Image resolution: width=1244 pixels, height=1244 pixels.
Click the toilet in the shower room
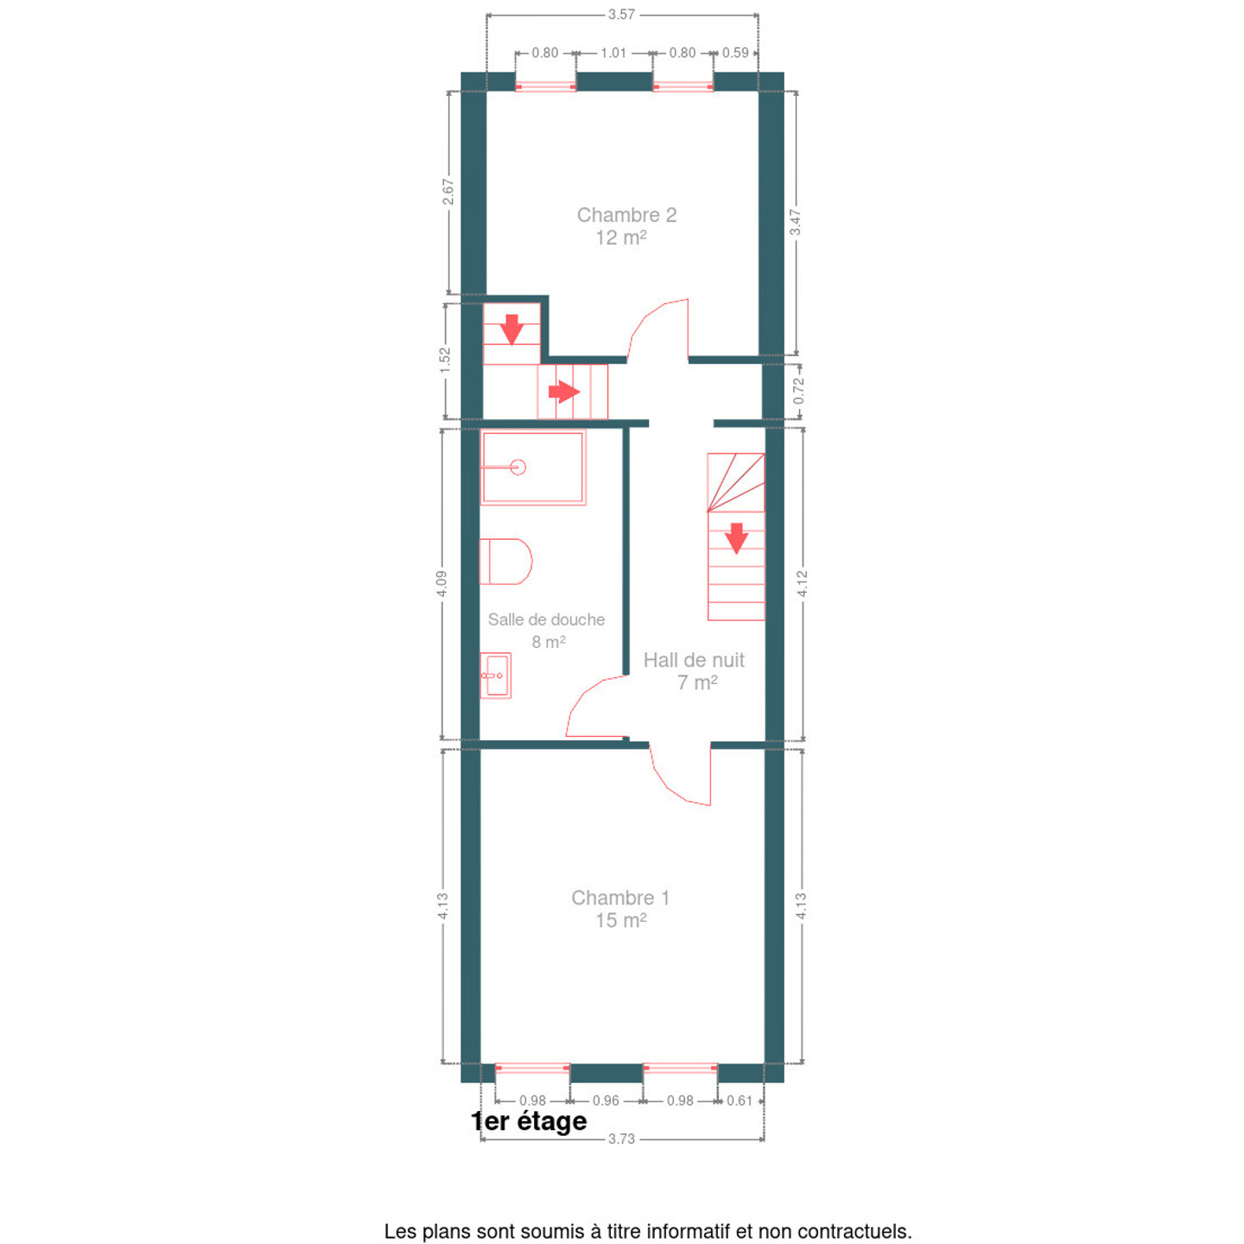pos(505,561)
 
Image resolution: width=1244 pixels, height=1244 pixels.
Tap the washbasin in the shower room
pos(496,676)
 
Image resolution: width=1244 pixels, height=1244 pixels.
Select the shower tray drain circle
pos(517,466)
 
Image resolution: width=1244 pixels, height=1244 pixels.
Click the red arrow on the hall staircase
pos(736,538)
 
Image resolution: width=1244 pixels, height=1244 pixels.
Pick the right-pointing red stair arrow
pos(564,391)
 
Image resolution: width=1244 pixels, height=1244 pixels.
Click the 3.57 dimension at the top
pos(621,14)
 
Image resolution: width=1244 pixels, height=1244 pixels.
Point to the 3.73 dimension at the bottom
pos(621,1138)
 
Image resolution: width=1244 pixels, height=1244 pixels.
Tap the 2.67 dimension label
pos(448,192)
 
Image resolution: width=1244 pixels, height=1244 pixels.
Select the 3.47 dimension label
pos(796,222)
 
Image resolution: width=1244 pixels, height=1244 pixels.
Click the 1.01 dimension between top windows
pos(613,53)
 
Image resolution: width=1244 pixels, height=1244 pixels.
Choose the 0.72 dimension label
pos(798,390)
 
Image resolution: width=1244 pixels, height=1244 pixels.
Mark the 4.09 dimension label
pos(441,584)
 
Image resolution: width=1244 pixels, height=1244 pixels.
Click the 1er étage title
pos(529,1120)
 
